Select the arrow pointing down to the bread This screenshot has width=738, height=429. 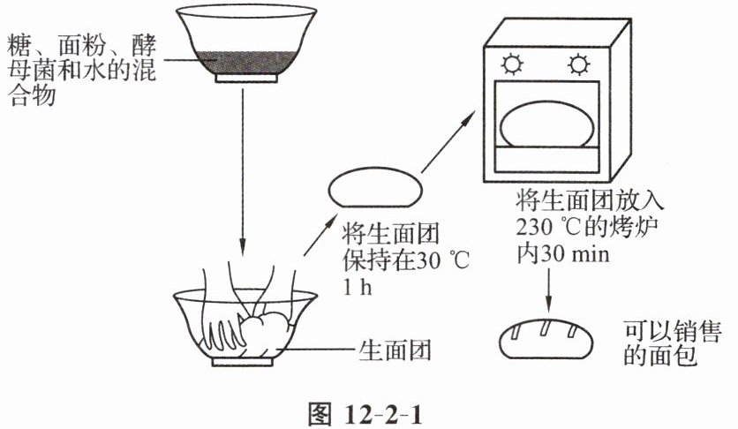(550, 290)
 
